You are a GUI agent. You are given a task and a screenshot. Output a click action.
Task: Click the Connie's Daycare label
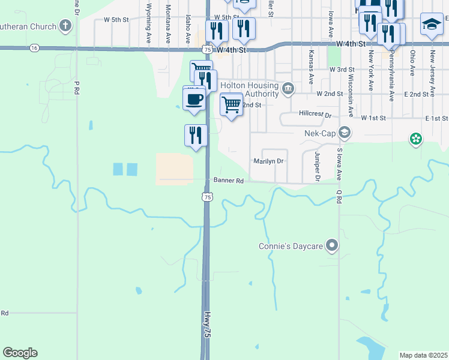pos(291,246)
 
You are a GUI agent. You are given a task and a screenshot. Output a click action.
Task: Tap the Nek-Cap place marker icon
pos(345,132)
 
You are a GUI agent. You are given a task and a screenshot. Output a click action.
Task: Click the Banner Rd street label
pos(229,181)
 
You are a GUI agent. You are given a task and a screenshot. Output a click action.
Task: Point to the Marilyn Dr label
pos(268,161)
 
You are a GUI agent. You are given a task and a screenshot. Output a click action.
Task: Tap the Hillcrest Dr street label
pos(315,114)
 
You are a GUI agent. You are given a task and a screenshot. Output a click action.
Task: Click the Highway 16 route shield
pos(34,47)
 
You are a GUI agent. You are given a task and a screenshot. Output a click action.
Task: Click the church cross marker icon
pos(65,26)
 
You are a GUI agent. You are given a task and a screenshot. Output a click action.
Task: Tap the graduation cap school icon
pos(431,24)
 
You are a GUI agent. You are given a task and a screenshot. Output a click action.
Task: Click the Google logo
pos(20,353)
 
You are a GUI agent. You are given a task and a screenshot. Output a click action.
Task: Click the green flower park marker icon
pos(415,140)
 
